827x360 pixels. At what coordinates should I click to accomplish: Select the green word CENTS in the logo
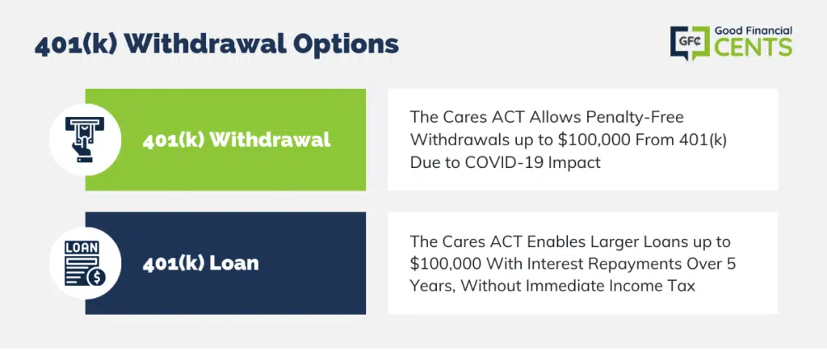coord(754,48)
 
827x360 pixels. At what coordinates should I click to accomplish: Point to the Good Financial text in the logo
coord(754,31)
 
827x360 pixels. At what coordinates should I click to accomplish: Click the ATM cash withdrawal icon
coord(85,139)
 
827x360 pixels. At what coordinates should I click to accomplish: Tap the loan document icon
coord(85,263)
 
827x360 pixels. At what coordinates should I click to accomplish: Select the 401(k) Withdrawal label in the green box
coord(237,140)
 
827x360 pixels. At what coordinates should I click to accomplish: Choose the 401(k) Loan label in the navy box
coord(200,263)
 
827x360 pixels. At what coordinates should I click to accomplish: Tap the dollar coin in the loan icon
coord(96,277)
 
